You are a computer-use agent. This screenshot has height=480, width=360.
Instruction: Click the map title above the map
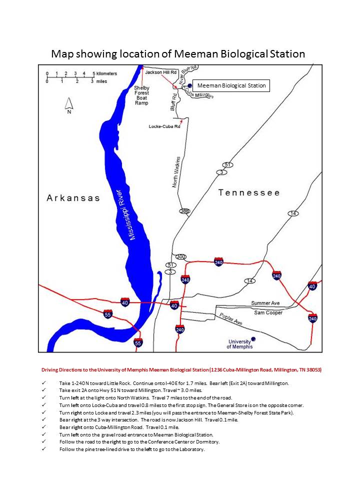[178, 54]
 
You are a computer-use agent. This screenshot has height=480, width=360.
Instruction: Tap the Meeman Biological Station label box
[231, 85]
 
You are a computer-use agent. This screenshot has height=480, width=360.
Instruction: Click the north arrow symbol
[69, 104]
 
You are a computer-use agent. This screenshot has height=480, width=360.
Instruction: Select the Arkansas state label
[73, 198]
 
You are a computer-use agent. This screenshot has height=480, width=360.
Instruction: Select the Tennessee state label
[249, 192]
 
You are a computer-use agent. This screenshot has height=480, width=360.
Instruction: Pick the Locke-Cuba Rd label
[164, 126]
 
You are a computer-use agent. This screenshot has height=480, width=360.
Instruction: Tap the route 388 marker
[184, 211]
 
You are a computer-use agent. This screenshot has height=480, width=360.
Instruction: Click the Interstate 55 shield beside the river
[107, 314]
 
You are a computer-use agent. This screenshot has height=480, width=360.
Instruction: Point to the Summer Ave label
[265, 303]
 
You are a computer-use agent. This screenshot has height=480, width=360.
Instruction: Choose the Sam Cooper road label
[268, 312]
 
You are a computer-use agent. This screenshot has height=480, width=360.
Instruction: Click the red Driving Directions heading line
[181, 369]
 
